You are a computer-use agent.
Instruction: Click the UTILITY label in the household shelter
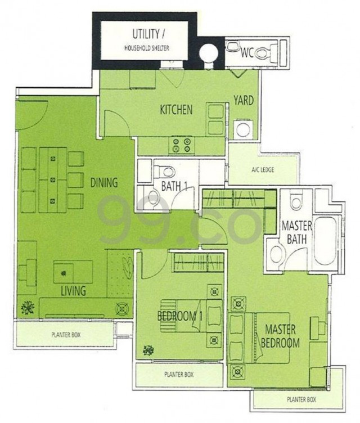[x=146, y=34]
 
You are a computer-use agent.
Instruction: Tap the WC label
[x=247, y=53]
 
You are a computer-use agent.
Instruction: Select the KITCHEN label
[x=176, y=110]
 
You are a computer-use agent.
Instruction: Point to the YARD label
[x=244, y=100]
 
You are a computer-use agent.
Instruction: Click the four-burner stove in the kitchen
[x=181, y=145]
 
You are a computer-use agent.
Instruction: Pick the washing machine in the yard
[x=244, y=129]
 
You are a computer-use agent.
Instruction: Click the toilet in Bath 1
[x=165, y=171]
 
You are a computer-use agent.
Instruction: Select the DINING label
[x=104, y=183]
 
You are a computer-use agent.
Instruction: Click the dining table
[x=53, y=180]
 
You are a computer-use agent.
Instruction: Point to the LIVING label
[x=73, y=291]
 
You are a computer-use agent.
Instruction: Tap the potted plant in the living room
[x=28, y=307]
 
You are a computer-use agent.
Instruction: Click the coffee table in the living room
[x=73, y=272]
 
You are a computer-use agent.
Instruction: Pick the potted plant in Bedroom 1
[x=148, y=350]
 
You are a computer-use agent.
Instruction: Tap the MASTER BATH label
[x=296, y=232]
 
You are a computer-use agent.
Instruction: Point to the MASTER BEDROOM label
[x=280, y=336]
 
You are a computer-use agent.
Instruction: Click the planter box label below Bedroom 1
[x=179, y=375]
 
